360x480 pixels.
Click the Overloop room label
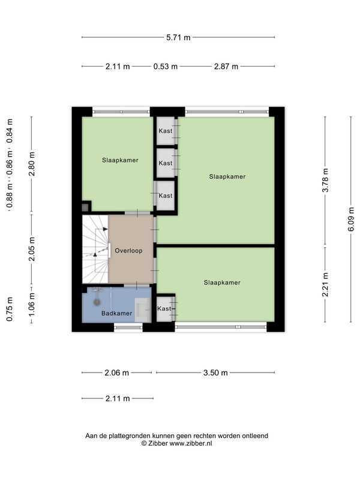[x=128, y=251]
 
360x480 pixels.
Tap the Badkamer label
[x=116, y=313]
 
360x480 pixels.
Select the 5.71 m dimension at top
[x=178, y=37]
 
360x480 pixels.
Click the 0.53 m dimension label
[x=166, y=66]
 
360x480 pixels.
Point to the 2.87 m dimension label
[x=226, y=66]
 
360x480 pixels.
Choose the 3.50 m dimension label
[x=215, y=373]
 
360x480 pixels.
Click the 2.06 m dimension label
[x=116, y=373]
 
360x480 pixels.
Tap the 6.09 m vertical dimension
[x=351, y=219]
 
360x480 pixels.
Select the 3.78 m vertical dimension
[x=325, y=181]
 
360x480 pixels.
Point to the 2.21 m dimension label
[x=325, y=284]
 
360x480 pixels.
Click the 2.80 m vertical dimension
[x=31, y=164]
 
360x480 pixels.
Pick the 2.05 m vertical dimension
[x=31, y=249]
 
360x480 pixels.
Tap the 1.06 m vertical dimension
[x=31, y=305]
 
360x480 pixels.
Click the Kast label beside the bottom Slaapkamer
[x=164, y=308]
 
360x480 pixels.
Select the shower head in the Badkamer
[x=97, y=302]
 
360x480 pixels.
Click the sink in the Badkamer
[x=143, y=309]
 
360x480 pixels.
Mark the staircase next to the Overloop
[x=95, y=249]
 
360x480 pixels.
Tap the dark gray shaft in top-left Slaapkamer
[x=85, y=207]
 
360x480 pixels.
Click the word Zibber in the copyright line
[x=158, y=443]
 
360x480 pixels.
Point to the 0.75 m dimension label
[x=10, y=309]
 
